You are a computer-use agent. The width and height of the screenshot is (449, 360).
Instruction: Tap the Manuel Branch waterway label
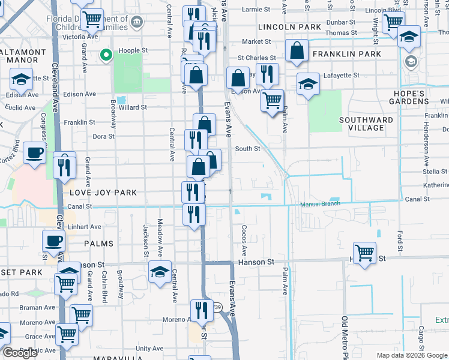320,204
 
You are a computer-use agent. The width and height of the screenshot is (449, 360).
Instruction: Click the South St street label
247,149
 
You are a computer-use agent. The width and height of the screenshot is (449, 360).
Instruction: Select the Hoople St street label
133,52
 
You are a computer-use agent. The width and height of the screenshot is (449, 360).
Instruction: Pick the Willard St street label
133,107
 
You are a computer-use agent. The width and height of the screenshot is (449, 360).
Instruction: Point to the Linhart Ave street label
85,227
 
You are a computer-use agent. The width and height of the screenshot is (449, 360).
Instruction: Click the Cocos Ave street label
244,239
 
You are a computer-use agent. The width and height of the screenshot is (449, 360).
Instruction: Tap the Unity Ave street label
149,348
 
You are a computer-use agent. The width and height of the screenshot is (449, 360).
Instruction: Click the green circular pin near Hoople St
106,56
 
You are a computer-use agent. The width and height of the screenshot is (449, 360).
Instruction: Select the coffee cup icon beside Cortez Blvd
35,153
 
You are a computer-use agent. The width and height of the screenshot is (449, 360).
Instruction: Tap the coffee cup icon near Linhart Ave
53,241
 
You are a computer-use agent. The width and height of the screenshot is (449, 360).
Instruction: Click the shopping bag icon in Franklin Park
297,52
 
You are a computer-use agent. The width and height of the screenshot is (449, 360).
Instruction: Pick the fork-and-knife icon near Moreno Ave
202,310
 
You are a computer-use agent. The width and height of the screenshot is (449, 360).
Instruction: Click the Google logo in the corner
20,353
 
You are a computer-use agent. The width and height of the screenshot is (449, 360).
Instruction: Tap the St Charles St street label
256,58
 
